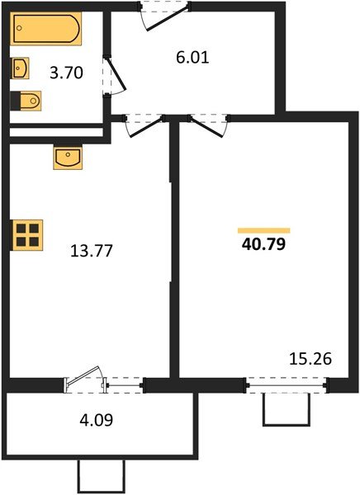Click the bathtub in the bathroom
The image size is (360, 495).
click(x=46, y=31)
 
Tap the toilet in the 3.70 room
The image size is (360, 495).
click(x=26, y=101)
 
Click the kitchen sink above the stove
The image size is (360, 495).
click(x=66, y=157)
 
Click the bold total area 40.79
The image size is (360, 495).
click(x=263, y=244)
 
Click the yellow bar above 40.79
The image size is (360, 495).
click(x=263, y=229)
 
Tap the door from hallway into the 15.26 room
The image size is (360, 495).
click(x=207, y=124)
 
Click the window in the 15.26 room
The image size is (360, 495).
click(x=286, y=384)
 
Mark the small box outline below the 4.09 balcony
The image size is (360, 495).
click(x=101, y=477)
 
